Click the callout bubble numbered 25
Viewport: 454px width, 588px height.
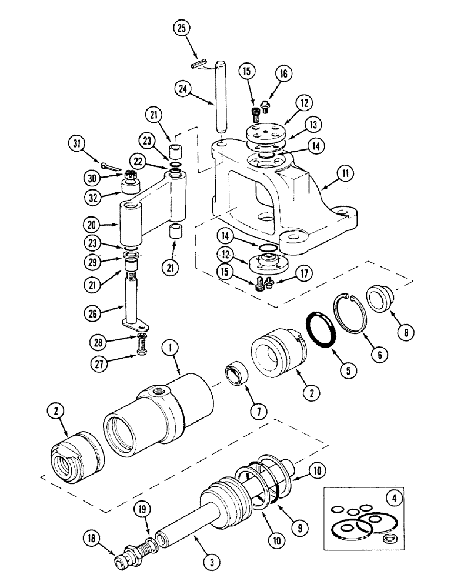pyautogui.click(x=182, y=28)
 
